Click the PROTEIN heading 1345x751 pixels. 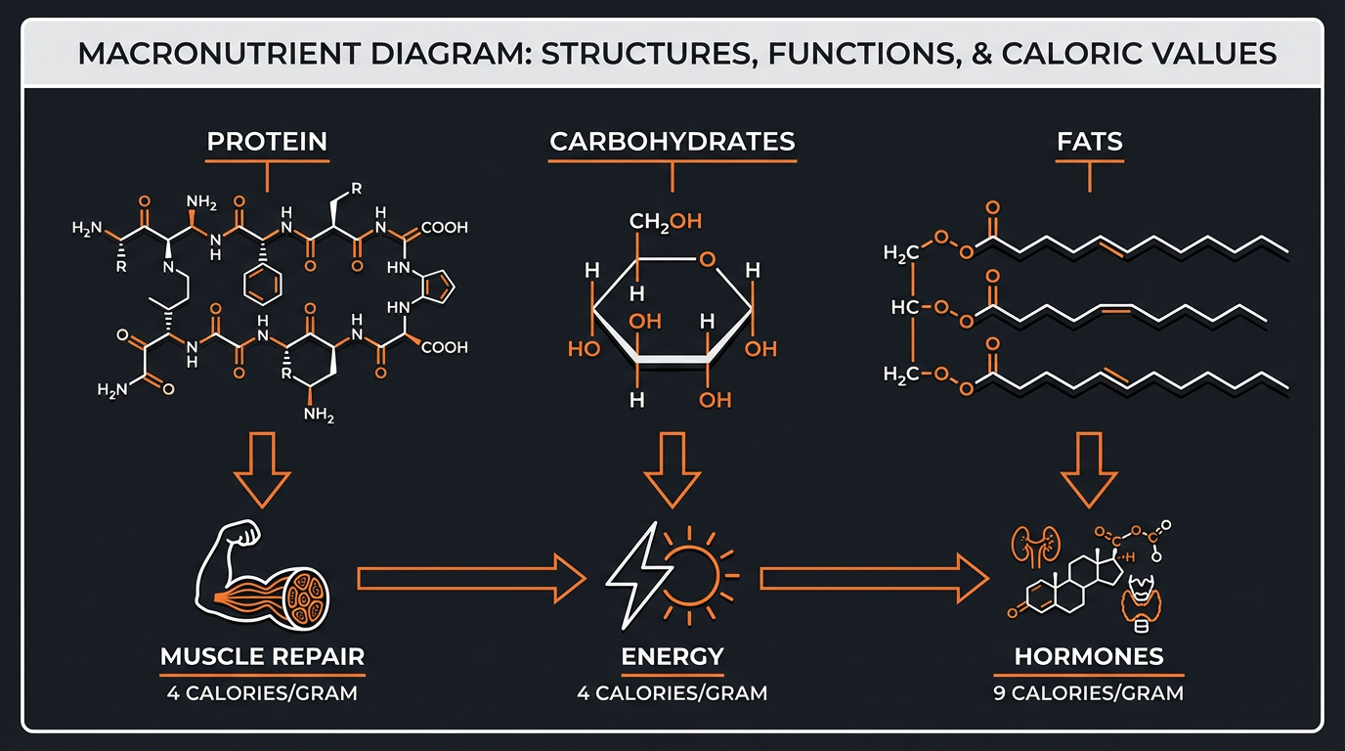tap(267, 141)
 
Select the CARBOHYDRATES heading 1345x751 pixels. tap(672, 141)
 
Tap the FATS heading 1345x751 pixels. tap(1090, 141)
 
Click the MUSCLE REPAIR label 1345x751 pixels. tap(262, 655)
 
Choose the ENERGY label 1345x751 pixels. tap(672, 655)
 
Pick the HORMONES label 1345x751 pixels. tap(1089, 655)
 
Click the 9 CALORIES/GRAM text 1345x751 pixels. tap(1089, 693)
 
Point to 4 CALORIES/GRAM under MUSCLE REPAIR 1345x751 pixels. tap(262, 693)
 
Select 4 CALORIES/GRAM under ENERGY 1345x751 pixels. tap(672, 693)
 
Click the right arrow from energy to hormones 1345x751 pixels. tap(875, 578)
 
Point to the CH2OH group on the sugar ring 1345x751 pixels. tap(665, 222)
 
